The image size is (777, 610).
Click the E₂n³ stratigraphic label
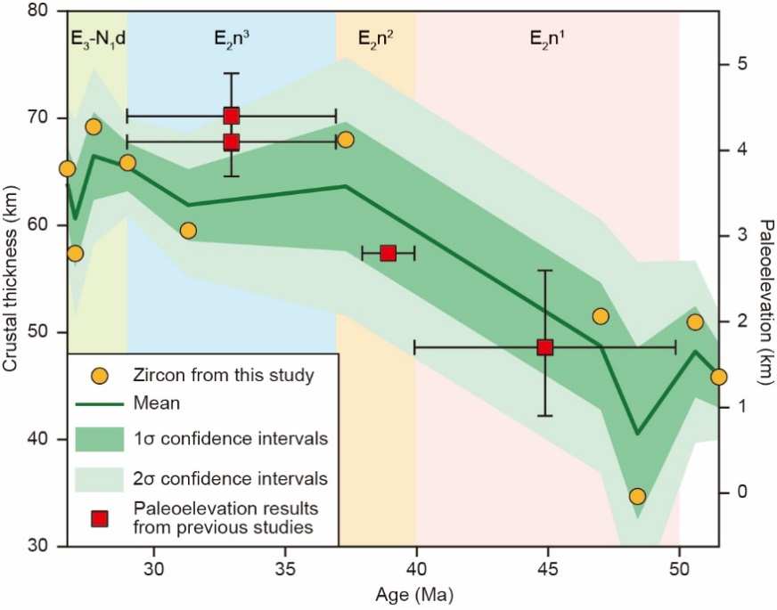[232, 37]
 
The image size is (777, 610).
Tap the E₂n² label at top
[376, 37]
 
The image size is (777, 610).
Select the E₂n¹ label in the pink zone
[547, 37]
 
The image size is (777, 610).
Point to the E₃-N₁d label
[97, 37]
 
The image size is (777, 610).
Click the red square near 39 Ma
[388, 253]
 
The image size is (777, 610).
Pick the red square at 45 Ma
[545, 347]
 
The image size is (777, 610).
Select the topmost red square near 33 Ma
[232, 116]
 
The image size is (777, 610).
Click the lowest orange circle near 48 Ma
[637, 497]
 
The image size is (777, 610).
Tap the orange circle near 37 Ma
[346, 140]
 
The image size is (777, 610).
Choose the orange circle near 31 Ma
[188, 231]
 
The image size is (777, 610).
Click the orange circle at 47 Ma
[601, 316]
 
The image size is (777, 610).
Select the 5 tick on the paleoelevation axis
[740, 64]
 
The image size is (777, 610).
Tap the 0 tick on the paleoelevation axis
[740, 492]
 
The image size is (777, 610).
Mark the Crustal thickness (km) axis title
[12, 278]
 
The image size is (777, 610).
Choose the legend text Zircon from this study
[224, 375]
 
